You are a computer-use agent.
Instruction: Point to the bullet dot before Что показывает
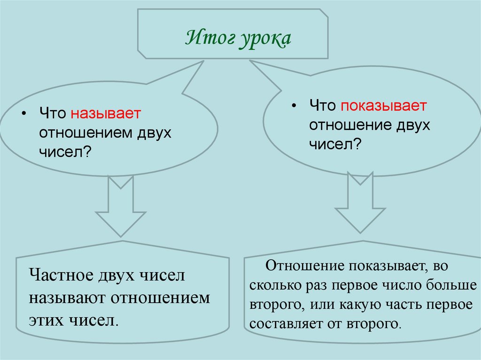(x=294, y=106)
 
